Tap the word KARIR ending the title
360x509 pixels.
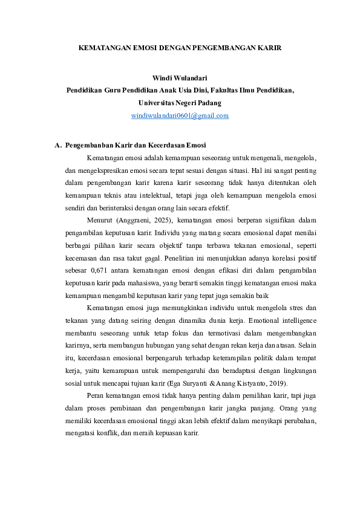[269, 46]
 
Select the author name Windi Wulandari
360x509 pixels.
[180, 79]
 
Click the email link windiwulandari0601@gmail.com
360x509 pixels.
[180, 115]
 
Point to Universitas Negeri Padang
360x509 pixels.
[180, 103]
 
